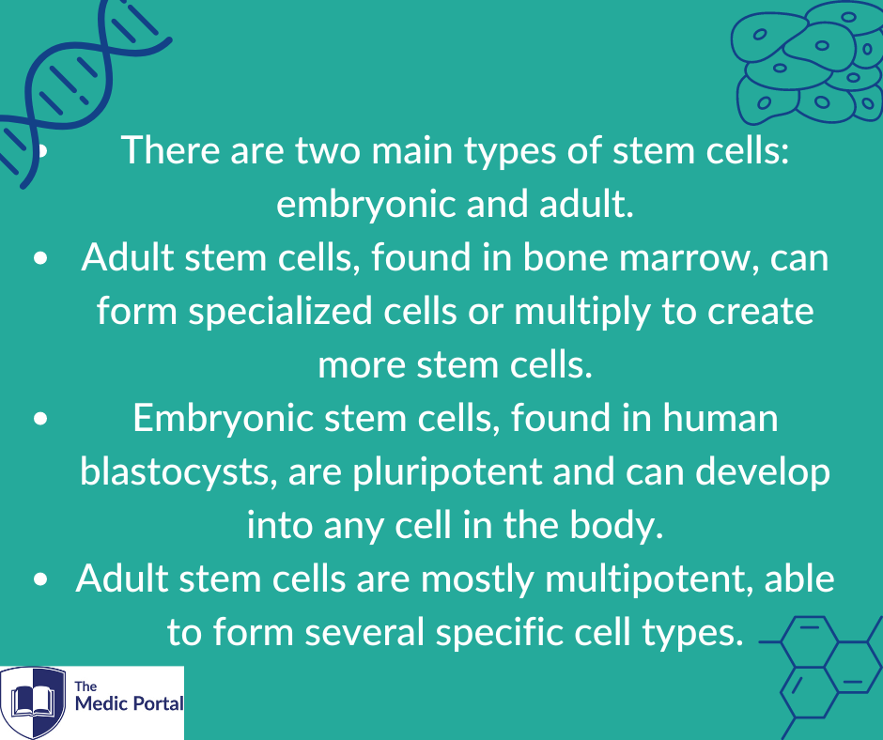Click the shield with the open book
[33, 701]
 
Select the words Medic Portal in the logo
[130, 703]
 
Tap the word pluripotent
[447, 473]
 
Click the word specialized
[281, 312]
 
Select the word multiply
[582, 312]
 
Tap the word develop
[763, 473]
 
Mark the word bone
[565, 257]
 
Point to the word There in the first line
[170, 151]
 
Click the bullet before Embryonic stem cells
[40, 419]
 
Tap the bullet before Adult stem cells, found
[40, 258]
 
